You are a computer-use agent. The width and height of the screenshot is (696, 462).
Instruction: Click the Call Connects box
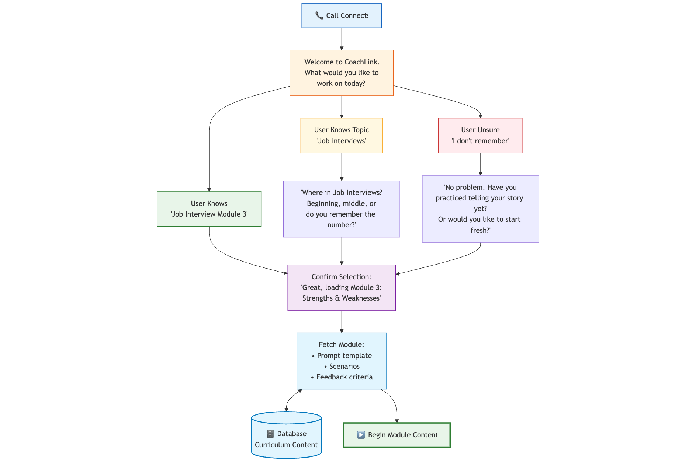(x=341, y=16)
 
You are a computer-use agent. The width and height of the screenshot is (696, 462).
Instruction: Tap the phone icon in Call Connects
(x=319, y=15)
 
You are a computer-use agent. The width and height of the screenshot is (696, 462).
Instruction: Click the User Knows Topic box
(x=341, y=135)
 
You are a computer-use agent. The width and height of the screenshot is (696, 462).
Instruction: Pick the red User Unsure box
(x=480, y=135)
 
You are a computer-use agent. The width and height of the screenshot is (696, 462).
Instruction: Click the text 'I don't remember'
(x=480, y=141)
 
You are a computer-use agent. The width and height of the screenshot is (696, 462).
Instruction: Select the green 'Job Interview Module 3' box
(x=209, y=209)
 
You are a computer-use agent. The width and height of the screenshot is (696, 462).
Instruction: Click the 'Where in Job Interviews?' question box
(x=341, y=209)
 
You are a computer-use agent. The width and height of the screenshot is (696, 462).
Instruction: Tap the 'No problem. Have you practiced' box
(x=480, y=209)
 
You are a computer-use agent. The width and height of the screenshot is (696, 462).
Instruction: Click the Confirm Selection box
(x=341, y=287)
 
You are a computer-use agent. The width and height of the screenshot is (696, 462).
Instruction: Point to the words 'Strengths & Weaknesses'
(x=341, y=298)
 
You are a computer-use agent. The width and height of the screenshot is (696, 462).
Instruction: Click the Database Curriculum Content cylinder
(x=286, y=438)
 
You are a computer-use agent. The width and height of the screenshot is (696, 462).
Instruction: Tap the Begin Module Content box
(x=397, y=435)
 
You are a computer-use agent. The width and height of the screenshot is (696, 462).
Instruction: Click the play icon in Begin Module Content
(x=361, y=435)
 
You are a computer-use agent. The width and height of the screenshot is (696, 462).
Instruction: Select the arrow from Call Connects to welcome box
(x=342, y=39)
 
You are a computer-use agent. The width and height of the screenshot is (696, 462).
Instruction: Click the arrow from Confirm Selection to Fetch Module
(x=342, y=322)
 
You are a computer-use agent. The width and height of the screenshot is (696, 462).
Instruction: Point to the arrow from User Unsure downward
(x=480, y=164)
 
